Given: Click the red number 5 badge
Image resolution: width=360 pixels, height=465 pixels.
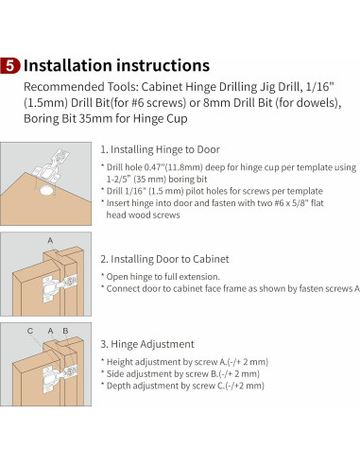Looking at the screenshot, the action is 10,65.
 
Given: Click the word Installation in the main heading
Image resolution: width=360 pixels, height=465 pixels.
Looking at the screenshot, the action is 68,65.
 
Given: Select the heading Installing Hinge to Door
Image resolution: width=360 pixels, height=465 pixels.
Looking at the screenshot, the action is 160,149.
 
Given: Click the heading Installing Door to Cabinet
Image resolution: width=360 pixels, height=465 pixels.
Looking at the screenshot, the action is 164,259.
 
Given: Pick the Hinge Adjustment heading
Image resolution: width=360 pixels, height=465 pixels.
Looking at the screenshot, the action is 147,344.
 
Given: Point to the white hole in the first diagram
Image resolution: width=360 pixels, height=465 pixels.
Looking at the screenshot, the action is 46,191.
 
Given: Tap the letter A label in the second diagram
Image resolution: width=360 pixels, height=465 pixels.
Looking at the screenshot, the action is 50,241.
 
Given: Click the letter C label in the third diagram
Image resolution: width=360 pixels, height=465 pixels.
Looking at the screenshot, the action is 30,331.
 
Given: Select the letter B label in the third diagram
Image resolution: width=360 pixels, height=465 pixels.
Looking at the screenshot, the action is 65,331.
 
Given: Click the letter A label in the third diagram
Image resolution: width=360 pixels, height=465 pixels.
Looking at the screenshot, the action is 50,331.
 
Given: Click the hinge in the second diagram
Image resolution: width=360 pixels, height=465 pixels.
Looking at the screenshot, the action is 60,287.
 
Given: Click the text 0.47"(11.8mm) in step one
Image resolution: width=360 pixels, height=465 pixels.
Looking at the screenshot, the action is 173,167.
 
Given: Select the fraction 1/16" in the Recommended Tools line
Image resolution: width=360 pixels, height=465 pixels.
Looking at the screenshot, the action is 319,86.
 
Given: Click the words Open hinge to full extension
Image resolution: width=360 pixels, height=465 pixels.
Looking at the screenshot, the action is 163,277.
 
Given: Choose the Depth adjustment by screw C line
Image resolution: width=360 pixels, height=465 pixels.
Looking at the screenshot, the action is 185,386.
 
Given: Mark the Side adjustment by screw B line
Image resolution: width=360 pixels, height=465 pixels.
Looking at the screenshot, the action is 183,373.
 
